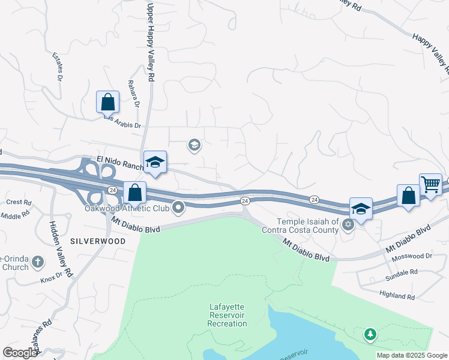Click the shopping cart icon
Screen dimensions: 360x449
(431, 184)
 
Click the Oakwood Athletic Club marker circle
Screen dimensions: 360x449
(178, 208)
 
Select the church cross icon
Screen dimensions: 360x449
(38, 262)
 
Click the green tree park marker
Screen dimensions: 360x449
(370, 334)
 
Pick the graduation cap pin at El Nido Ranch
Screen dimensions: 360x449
(155, 162)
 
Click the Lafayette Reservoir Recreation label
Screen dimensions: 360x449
(227, 315)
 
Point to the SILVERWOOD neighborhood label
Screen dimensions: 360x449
(98, 241)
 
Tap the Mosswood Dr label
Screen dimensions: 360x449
(412, 256)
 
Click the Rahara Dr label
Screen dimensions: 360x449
(133, 94)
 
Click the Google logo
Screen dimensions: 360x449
(20, 353)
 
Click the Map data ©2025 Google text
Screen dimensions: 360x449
(412, 355)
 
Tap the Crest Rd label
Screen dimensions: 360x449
(19, 202)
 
